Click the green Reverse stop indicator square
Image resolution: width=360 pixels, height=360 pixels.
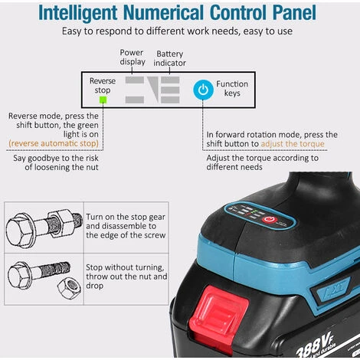(x=103, y=100)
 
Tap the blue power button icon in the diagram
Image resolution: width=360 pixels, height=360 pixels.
(x=203, y=90)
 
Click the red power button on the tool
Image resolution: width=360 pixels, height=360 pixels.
(x=269, y=220)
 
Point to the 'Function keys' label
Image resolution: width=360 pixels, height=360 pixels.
(x=232, y=88)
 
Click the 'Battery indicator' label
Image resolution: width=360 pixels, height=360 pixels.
(x=169, y=58)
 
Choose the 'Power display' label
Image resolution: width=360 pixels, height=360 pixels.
(x=133, y=57)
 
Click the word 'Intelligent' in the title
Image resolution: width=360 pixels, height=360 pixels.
(x=78, y=13)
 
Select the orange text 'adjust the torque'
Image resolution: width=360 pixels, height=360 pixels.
(x=293, y=144)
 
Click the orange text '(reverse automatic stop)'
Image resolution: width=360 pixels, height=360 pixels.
(x=54, y=143)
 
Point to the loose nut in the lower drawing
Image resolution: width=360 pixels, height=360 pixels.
(x=69, y=289)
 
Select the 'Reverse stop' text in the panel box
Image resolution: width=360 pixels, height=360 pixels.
(x=103, y=85)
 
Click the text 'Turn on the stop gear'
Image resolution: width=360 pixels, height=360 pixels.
(x=126, y=217)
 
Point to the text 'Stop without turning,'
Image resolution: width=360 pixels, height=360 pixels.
(x=125, y=267)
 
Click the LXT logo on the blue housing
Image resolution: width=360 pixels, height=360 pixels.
(x=335, y=288)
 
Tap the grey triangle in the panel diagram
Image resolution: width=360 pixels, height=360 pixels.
(x=155, y=87)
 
